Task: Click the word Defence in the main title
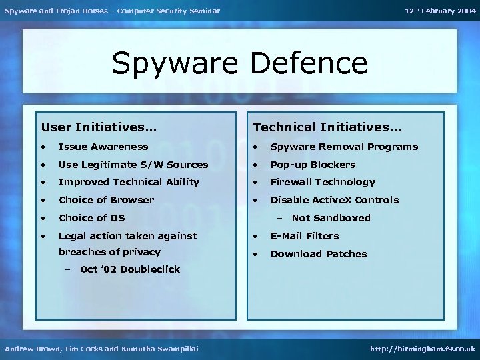(x=309, y=63)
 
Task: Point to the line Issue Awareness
(x=103, y=147)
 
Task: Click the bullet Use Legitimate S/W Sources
(x=133, y=165)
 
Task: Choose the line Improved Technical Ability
(x=129, y=182)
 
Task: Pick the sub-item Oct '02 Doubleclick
(x=130, y=269)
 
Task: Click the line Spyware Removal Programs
(x=344, y=147)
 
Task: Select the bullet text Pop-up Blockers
(x=313, y=165)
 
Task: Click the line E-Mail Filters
(x=304, y=236)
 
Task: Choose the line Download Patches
(x=319, y=254)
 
